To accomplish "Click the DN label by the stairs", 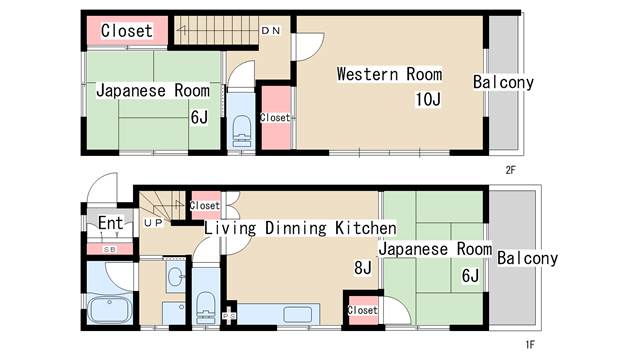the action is point(271,30).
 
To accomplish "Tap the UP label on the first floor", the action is point(153,222).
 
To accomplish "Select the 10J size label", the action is point(428,99).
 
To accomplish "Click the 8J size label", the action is point(363,268).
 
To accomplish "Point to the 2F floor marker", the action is point(510,170).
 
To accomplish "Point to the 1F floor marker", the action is point(530,345).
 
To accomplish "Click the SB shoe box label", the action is point(109,249).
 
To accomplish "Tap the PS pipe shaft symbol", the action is point(229,316).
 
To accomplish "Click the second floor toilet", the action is point(241,131).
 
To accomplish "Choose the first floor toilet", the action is point(205,307).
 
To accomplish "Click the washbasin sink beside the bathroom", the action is point(176,276).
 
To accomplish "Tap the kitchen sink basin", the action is point(298,315).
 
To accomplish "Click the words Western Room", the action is point(389,74).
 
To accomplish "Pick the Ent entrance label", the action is point(110,223).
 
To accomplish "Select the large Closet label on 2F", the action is point(127,31).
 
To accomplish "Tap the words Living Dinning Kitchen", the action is point(300,228).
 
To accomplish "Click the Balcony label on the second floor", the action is point(503,82).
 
